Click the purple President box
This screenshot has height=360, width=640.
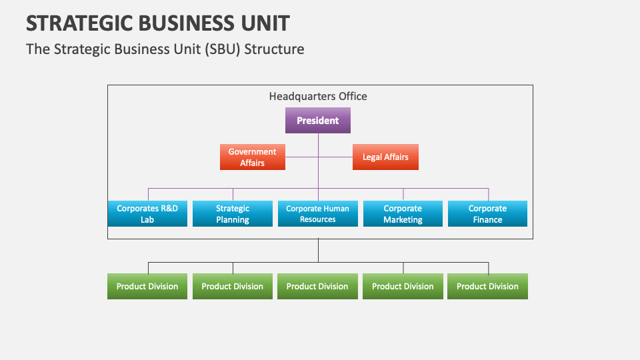pos(318,121)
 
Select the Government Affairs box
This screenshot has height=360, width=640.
pos(253,157)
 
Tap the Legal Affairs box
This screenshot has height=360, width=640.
pos(385,157)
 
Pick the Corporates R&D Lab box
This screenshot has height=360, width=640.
pos(147,213)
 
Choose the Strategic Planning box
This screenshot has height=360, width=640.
pos(233,213)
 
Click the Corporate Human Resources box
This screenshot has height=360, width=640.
pos(318,213)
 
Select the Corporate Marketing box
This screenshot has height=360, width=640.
pos(403,213)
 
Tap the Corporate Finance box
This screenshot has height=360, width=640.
pos(487,213)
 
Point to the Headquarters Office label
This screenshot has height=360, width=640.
pos(318,96)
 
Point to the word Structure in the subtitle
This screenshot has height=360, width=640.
pos(274,49)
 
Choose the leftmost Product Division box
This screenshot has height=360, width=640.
pos(147,287)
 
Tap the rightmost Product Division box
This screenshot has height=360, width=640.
pos(487,287)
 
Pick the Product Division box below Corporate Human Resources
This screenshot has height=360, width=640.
pos(317,287)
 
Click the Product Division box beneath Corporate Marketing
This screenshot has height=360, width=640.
pos(403,287)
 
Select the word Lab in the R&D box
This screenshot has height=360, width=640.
pos(147,219)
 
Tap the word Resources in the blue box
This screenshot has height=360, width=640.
pos(318,219)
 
